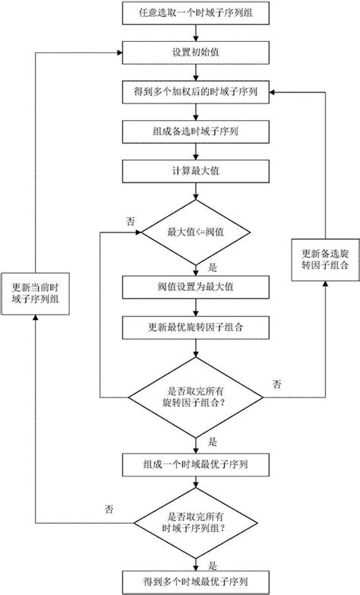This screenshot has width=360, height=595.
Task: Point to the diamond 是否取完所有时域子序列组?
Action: point(197,523)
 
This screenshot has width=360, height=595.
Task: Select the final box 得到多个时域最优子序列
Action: point(197,581)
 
